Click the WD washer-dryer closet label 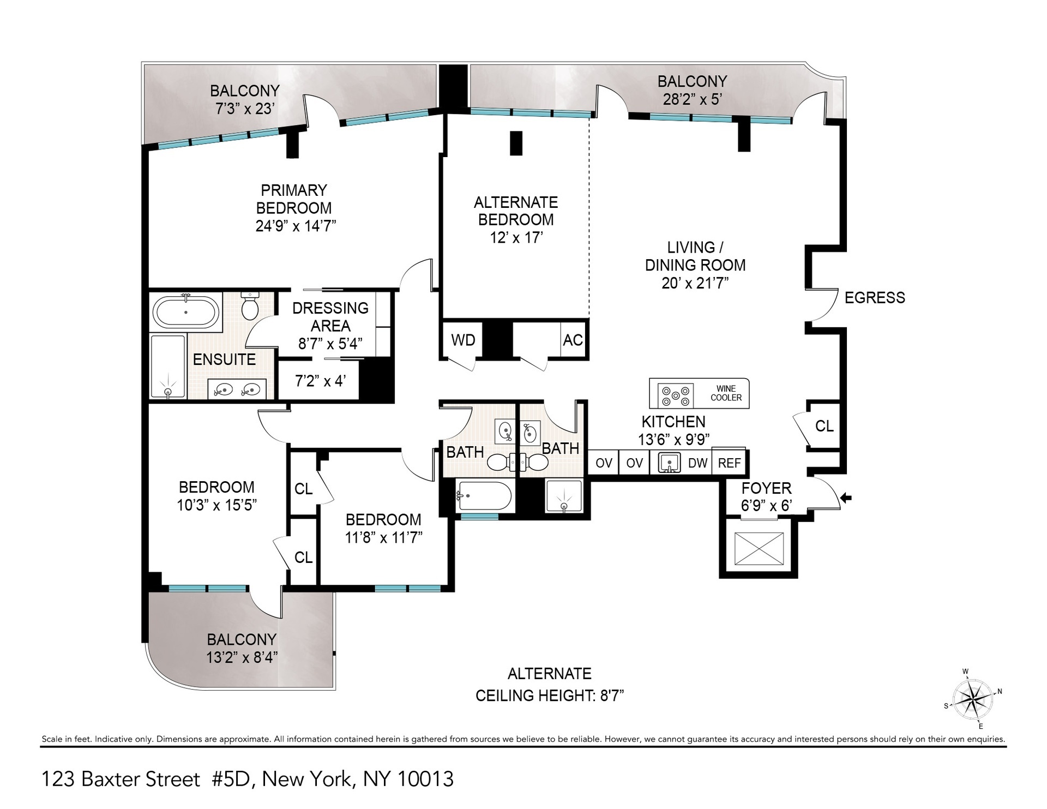click(463, 340)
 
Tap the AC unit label click(573, 340)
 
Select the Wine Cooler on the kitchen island click(726, 393)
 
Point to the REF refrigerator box click(729, 463)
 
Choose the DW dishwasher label click(697, 463)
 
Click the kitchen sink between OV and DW click(669, 463)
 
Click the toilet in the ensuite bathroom click(250, 307)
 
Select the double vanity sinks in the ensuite click(237, 389)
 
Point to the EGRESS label click(874, 298)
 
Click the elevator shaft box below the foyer click(759, 548)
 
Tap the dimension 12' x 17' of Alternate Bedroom click(516, 238)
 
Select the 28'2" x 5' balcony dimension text click(692, 99)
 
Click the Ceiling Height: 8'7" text click(549, 696)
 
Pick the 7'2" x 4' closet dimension click(320, 381)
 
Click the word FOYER click(766, 488)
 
